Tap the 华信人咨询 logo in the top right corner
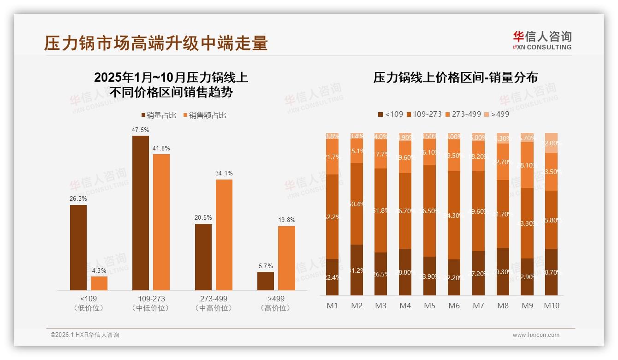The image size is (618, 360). (542, 40)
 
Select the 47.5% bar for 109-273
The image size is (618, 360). (141, 212)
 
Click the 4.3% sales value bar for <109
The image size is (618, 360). (99, 283)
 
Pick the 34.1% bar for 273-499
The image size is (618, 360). (224, 234)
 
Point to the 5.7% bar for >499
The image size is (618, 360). (266, 281)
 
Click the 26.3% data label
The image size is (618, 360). (78, 198)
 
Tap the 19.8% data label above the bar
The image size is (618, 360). (286, 220)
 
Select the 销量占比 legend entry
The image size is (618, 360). (158, 115)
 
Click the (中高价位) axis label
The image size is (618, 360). (214, 308)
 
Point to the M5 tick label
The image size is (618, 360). (429, 306)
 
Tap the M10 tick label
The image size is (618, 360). (551, 306)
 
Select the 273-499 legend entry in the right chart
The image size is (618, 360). (463, 114)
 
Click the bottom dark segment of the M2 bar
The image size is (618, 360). (357, 270)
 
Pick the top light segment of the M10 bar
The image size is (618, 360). (551, 143)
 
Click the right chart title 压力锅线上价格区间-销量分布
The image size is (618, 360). (456, 77)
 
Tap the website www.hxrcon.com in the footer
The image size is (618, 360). (535, 335)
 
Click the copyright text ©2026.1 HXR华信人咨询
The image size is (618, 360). (85, 335)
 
